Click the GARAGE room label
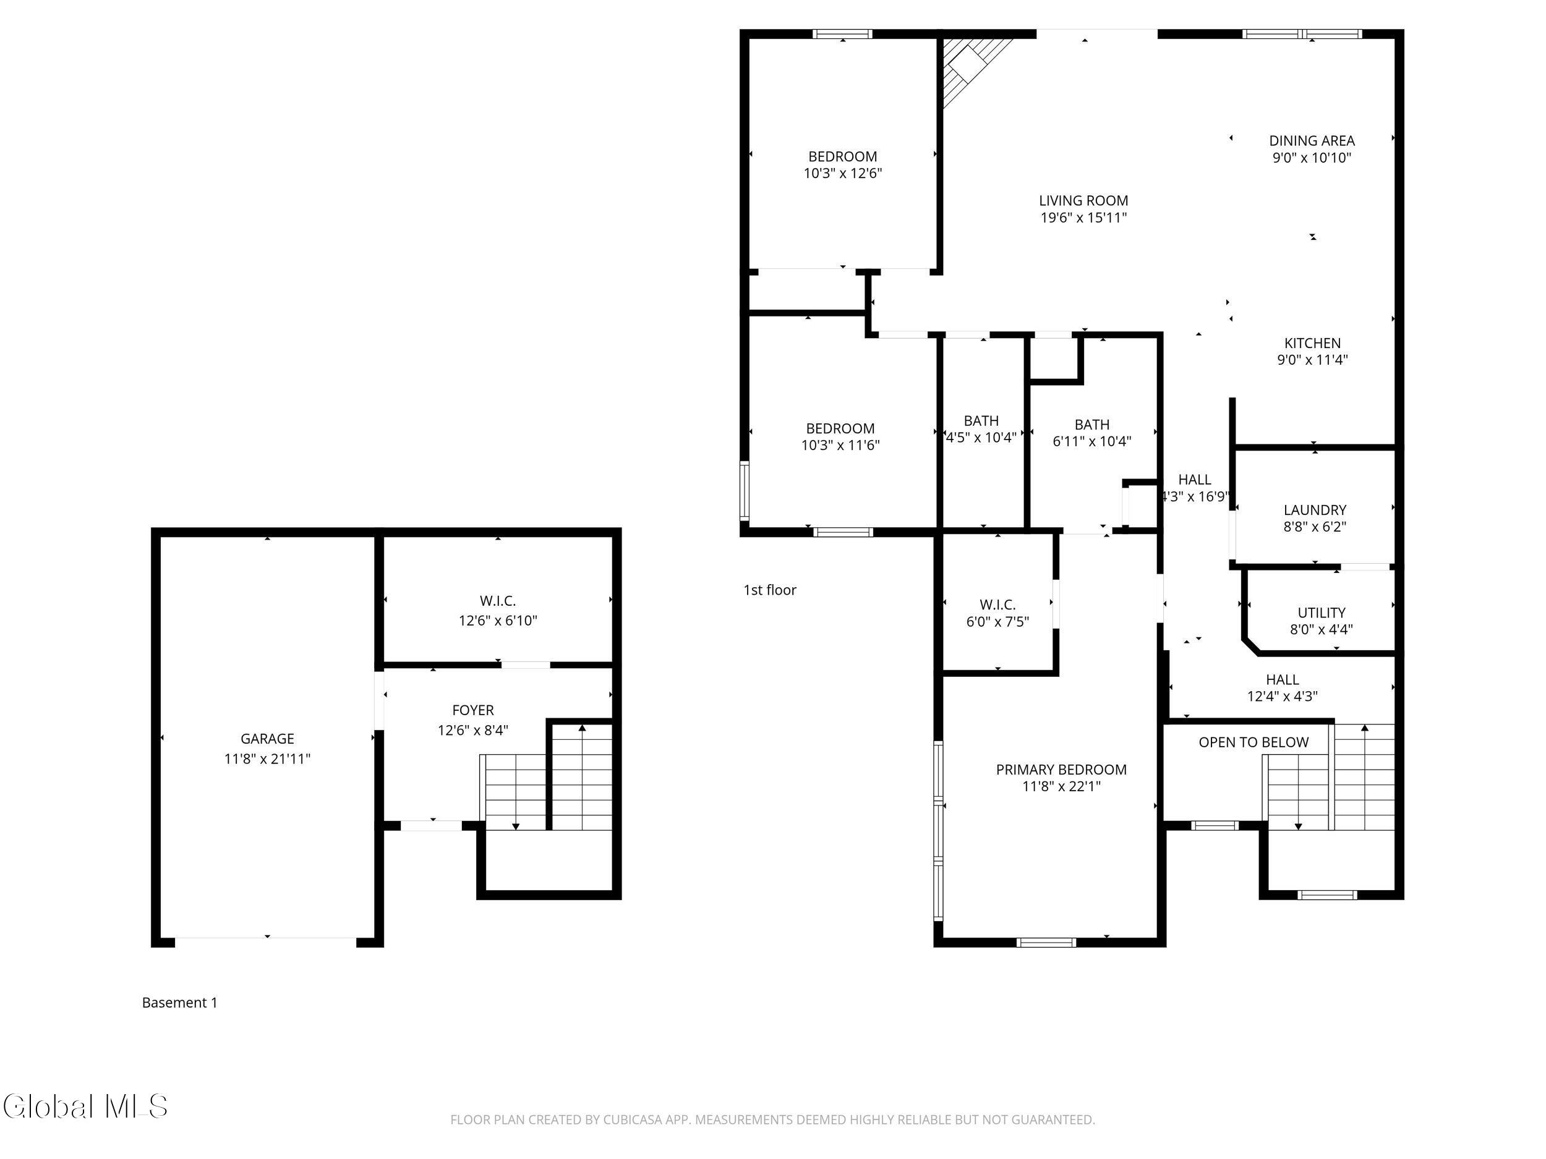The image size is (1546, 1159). pos(267,739)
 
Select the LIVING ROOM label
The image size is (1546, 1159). pos(1083,200)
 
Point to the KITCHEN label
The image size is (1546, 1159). pos(1313,343)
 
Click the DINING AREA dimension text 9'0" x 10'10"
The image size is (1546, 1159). pos(1312,158)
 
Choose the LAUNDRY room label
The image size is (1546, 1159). pos(1315,510)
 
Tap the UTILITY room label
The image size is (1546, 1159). pos(1321,613)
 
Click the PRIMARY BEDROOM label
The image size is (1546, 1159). pos(1061,769)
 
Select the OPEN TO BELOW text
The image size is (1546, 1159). pos(1253,742)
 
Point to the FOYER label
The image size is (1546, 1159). pos(472,710)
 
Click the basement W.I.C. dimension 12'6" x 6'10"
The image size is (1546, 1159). pos(498,621)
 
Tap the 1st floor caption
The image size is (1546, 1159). pos(769,590)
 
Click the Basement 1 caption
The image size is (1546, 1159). pos(179,1003)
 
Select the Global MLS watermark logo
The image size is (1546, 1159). pos(85,1106)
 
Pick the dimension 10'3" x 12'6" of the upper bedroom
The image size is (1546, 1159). pos(843,173)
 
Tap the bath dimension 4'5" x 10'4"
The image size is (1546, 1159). pos(981,438)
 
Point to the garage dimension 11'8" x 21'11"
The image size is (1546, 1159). pos(267,758)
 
